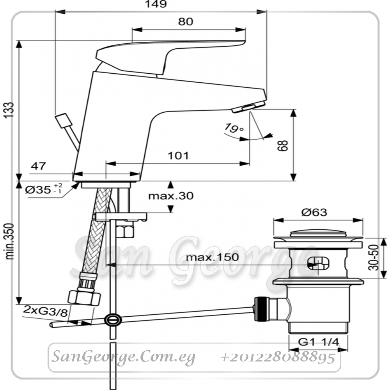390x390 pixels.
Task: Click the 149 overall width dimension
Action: [x=156, y=4]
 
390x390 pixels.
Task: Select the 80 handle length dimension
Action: [x=186, y=21]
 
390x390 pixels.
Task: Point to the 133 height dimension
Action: [x=9, y=110]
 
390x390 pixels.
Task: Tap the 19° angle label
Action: [x=234, y=128]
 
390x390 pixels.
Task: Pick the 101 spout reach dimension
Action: [x=178, y=156]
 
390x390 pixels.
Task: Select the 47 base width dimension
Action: [x=38, y=166]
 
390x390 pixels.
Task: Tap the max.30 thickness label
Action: [x=171, y=196]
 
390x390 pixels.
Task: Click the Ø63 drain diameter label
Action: [x=314, y=212]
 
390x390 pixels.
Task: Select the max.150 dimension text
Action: [x=212, y=257]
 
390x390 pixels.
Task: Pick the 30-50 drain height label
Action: [x=374, y=257]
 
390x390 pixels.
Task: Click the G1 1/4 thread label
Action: [x=318, y=342]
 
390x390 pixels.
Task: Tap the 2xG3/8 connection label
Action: [x=45, y=311]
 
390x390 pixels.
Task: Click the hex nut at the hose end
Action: [x=84, y=297]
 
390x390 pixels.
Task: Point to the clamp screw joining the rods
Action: [x=113, y=320]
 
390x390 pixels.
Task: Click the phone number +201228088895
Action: [x=278, y=358]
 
